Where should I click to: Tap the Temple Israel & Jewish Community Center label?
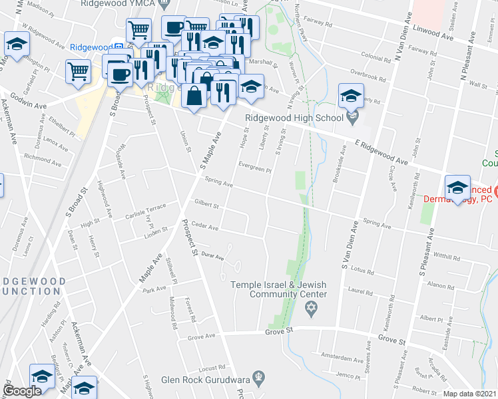tap(279, 289)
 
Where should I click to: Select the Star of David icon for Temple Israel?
tap(309, 307)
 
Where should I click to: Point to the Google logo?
tap(23, 391)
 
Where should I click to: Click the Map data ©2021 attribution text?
tap(470, 394)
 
